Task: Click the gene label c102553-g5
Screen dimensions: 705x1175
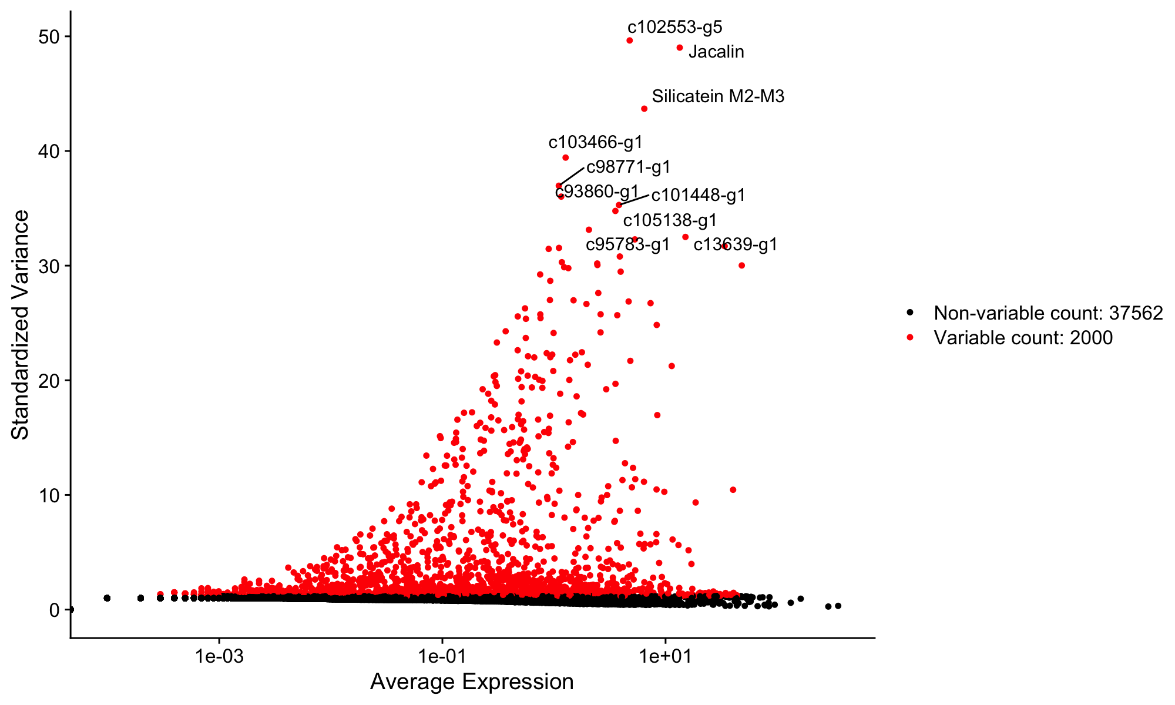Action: pyautogui.click(x=674, y=27)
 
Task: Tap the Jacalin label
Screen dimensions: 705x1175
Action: pyautogui.click(x=716, y=52)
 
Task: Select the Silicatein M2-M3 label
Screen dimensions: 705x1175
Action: pyautogui.click(x=718, y=96)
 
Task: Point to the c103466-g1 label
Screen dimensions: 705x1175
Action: pyautogui.click(x=596, y=142)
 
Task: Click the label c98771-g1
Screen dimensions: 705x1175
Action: pyautogui.click(x=628, y=167)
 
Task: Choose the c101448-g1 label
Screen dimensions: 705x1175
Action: pyautogui.click(x=698, y=195)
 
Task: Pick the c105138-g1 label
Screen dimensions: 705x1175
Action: pyautogui.click(x=670, y=220)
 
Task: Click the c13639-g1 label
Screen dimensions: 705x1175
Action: pyautogui.click(x=735, y=244)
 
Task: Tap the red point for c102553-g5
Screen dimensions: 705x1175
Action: pyautogui.click(x=630, y=41)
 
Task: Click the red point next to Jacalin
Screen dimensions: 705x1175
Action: pyautogui.click(x=680, y=48)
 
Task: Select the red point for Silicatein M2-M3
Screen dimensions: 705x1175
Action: pyautogui.click(x=644, y=109)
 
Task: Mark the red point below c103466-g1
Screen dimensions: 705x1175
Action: pyautogui.click(x=566, y=157)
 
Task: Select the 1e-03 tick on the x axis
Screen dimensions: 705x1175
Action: pyautogui.click(x=220, y=654)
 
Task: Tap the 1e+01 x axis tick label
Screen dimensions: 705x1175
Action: pyautogui.click(x=666, y=654)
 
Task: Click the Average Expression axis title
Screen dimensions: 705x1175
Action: pyautogui.click(x=472, y=682)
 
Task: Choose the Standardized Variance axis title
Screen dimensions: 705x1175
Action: pyautogui.click(x=21, y=324)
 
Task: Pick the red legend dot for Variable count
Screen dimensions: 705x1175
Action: pyautogui.click(x=910, y=338)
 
